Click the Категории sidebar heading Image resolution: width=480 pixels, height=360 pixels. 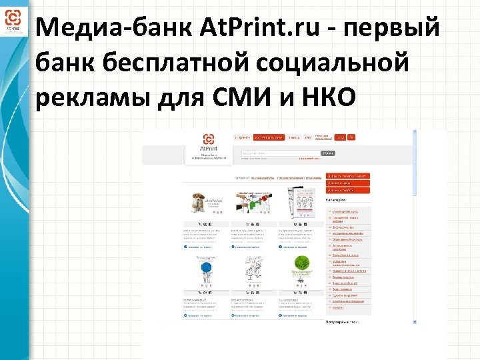pyautogui.click(x=336, y=199)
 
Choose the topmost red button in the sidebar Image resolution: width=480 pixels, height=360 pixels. pyautogui.click(x=347, y=176)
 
